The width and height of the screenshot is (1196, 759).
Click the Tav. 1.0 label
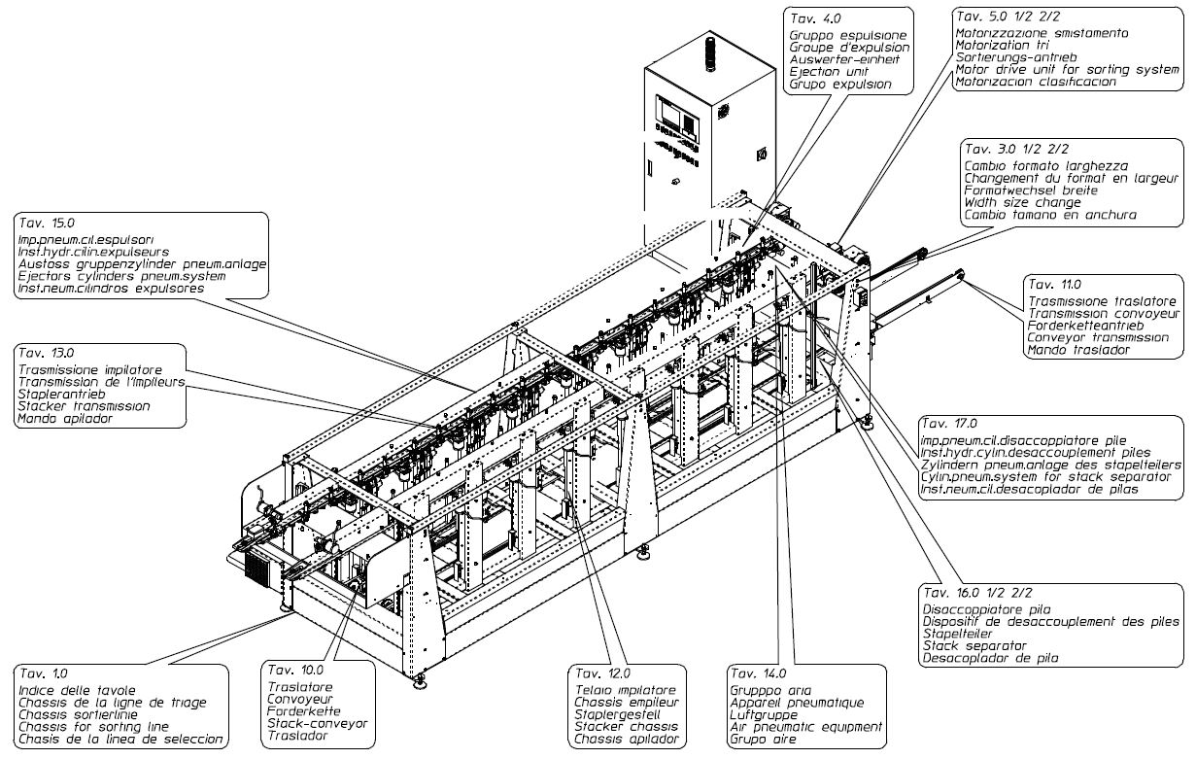39,673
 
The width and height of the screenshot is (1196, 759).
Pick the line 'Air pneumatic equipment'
806,726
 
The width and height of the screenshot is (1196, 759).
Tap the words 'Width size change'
1022,203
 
